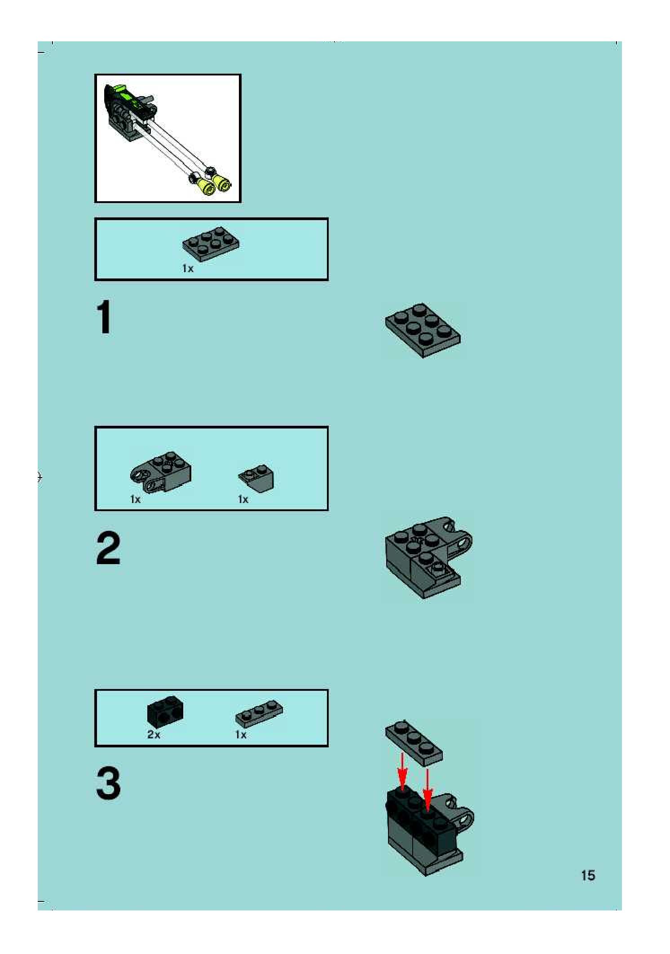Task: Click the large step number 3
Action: (x=108, y=783)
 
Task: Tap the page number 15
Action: (x=588, y=875)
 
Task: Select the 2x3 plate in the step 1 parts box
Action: (x=211, y=243)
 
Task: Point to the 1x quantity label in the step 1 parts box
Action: (x=188, y=269)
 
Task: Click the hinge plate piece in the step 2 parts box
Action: (x=160, y=472)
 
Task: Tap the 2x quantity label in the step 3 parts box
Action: (x=154, y=735)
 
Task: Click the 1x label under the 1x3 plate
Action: (x=241, y=735)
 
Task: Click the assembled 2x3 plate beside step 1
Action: (x=423, y=330)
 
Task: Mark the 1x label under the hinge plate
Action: (x=135, y=499)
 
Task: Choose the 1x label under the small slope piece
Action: (x=243, y=499)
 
